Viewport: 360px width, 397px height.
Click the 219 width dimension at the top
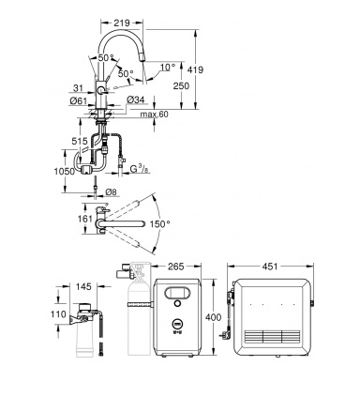pos(122,23)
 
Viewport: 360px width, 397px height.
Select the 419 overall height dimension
pos(195,69)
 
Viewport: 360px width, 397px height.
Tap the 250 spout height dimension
pos(181,85)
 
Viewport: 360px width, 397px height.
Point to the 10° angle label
pos(168,67)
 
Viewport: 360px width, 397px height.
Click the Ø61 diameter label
pos(79,100)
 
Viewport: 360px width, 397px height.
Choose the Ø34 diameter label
pos(136,99)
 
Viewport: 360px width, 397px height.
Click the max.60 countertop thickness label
pos(154,115)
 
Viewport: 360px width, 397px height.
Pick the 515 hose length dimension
pos(80,141)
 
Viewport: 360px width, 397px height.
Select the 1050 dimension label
pos(65,172)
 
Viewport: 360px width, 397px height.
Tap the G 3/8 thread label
pos(139,169)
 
